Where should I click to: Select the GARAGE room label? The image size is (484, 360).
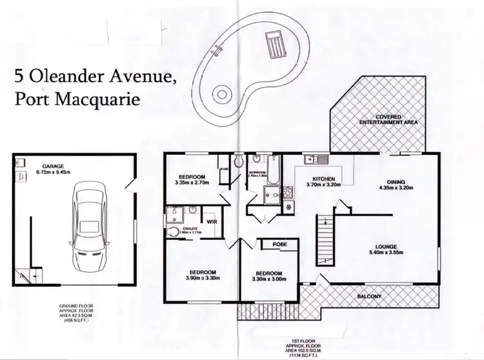54,166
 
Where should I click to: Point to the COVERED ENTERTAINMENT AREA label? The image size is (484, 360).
385,118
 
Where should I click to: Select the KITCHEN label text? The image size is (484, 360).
323,179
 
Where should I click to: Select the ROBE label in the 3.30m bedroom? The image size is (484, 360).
279,245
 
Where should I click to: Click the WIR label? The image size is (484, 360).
211,223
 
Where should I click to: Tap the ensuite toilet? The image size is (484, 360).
172,230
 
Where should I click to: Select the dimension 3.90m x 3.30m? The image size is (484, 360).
203,279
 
